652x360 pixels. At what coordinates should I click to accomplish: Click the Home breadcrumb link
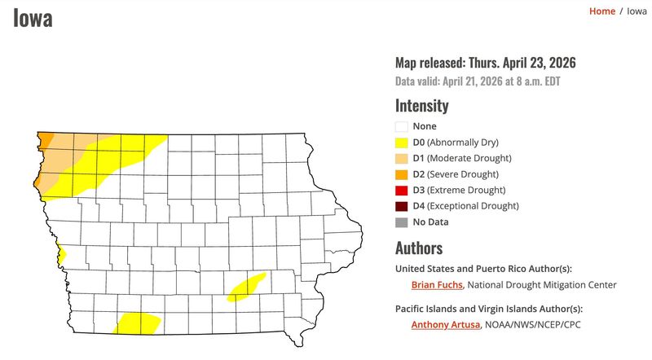click(601, 11)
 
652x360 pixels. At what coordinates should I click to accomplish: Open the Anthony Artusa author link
click(446, 325)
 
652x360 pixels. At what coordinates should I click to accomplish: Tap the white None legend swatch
click(401, 126)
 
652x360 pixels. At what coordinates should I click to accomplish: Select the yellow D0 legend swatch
click(401, 142)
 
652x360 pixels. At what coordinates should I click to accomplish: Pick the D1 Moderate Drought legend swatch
click(401, 158)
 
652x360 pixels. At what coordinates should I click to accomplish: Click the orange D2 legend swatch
click(401, 174)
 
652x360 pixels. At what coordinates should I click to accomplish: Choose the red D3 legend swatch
click(401, 190)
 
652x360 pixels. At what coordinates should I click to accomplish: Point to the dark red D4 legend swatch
click(401, 206)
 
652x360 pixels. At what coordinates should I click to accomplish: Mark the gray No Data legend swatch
click(401, 222)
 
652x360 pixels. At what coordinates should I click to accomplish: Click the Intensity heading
click(421, 105)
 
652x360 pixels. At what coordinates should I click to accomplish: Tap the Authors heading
click(419, 248)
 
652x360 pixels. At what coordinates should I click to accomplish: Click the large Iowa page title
click(33, 17)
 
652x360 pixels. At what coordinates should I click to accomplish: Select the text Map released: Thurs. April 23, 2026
click(491, 63)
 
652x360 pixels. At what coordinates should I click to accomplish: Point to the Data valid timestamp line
click(478, 81)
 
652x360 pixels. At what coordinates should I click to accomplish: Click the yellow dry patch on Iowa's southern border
click(137, 323)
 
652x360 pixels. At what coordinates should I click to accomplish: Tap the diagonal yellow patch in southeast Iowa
click(246, 287)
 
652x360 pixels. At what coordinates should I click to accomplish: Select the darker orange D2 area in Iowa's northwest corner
click(46, 139)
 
